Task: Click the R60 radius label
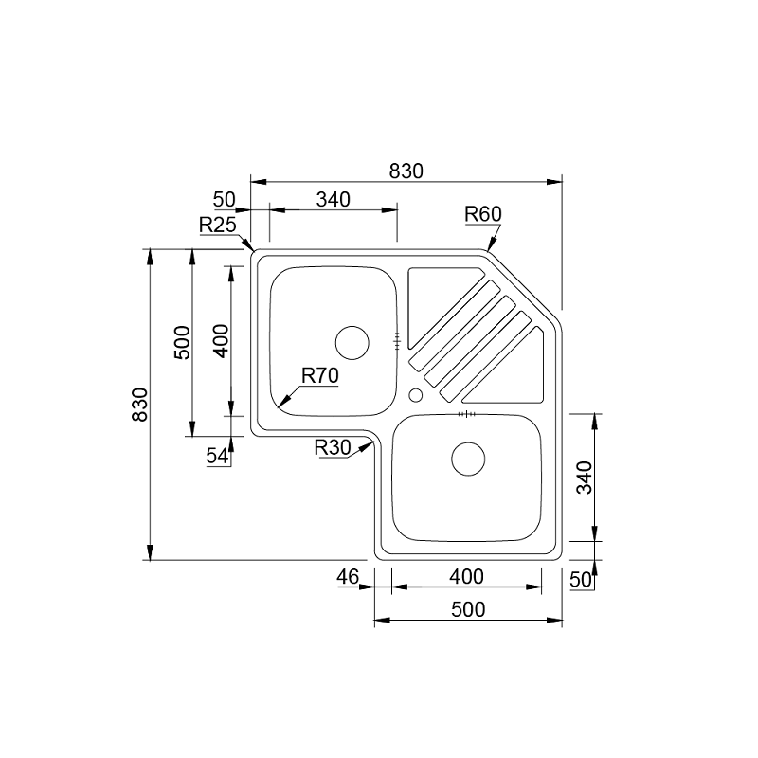(x=482, y=214)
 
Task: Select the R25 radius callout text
(x=217, y=225)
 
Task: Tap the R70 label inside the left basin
(x=320, y=375)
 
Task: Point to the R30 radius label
(x=333, y=447)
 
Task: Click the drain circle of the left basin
(x=352, y=341)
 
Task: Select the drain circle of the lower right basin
(x=468, y=459)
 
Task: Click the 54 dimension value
(x=217, y=456)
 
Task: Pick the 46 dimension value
(x=348, y=576)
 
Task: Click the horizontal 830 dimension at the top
(x=406, y=171)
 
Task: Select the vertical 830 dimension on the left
(x=139, y=405)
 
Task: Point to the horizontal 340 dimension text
(x=333, y=199)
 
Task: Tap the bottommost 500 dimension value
(x=467, y=609)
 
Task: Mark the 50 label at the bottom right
(x=580, y=579)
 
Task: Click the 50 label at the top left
(x=224, y=199)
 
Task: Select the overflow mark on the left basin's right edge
(x=398, y=337)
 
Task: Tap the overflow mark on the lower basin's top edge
(x=464, y=414)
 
